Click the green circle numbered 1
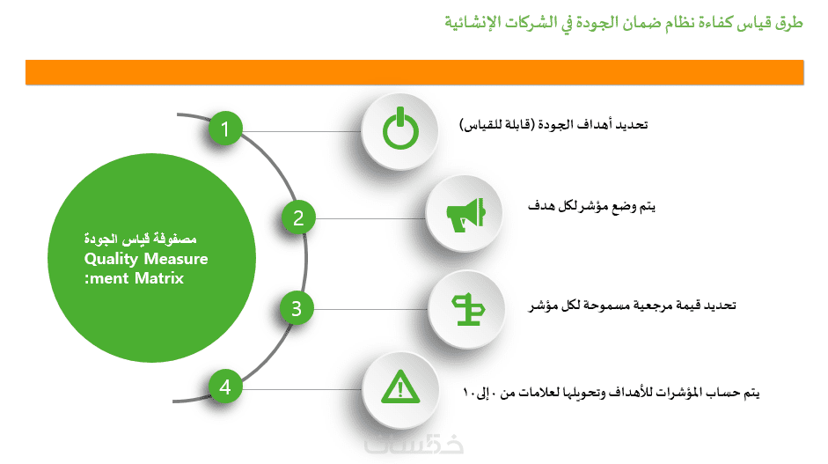click(x=225, y=129)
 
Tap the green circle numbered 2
click(x=298, y=217)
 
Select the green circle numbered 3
click(x=297, y=308)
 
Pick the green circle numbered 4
click(x=225, y=387)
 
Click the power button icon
click(x=400, y=129)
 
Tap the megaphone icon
click(x=465, y=215)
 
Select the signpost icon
click(x=468, y=310)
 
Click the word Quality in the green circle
click(x=111, y=259)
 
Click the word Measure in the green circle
click(x=176, y=259)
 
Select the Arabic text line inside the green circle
click(x=141, y=239)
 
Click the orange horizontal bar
click(x=414, y=72)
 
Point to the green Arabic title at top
click(x=624, y=23)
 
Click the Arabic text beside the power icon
click(x=553, y=125)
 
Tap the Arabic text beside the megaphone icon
click(x=591, y=206)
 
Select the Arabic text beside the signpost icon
click(x=632, y=306)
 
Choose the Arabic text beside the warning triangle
click(x=611, y=392)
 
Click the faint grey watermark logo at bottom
click(x=414, y=444)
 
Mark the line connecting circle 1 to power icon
click(x=302, y=131)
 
